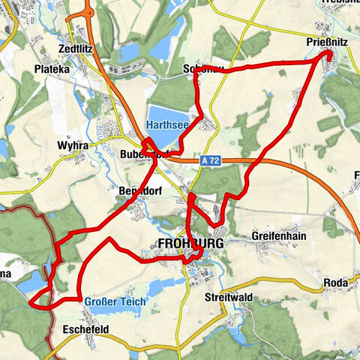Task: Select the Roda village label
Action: click(334, 283)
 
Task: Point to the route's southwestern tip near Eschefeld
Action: click(31, 303)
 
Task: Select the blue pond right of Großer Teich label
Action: click(160, 287)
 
